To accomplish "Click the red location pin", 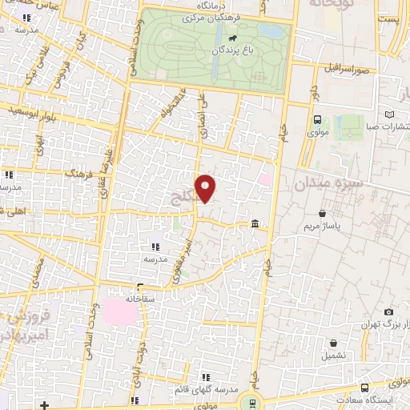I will [207, 188].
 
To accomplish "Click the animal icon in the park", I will [231, 38].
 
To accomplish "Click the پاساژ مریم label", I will [321, 227].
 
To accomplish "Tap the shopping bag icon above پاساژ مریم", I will [322, 214].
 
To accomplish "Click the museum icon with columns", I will [255, 223].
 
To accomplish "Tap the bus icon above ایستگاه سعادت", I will [364, 388].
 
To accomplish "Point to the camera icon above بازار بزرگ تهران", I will [388, 312].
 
